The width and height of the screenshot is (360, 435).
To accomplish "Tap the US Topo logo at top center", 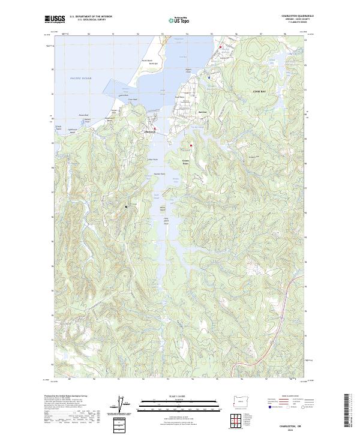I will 178,19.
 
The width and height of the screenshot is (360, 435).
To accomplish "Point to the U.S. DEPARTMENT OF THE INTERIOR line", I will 91,16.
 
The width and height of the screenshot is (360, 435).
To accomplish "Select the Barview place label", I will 202,112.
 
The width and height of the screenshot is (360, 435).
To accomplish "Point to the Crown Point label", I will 185,162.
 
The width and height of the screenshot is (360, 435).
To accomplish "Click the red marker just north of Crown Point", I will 191,145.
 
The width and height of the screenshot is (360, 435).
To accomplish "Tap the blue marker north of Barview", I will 208,77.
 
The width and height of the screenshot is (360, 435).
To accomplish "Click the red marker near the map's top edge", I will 220,47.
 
